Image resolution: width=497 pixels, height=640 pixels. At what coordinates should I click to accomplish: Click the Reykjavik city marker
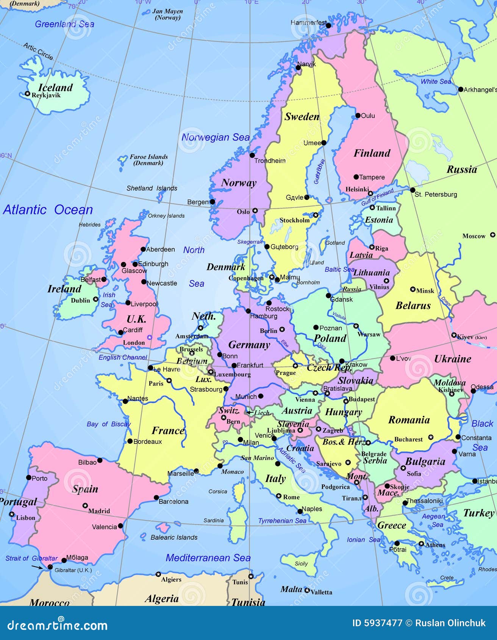click(27, 94)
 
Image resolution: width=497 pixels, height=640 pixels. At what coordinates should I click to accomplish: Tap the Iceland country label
click(55, 87)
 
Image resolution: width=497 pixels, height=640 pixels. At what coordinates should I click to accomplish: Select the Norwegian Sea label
click(216, 137)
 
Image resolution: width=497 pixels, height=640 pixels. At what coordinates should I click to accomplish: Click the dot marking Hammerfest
click(328, 25)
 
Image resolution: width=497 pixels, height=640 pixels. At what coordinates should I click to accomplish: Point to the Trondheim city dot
click(252, 155)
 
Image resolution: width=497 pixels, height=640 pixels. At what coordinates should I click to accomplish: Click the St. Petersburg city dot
click(413, 190)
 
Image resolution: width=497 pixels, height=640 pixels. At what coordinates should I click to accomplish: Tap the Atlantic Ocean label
click(48, 210)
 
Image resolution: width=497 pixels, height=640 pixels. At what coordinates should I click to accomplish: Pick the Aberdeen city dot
click(143, 249)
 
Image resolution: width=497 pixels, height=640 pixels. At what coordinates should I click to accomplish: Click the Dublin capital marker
click(96, 299)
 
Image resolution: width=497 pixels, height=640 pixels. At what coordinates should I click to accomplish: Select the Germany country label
click(249, 345)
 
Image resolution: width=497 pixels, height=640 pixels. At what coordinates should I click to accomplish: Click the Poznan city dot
click(316, 327)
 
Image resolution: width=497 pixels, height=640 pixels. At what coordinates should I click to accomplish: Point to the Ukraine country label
click(453, 359)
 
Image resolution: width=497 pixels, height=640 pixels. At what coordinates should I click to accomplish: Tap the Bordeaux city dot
click(130, 441)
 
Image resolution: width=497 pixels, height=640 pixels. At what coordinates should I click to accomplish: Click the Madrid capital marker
click(85, 505)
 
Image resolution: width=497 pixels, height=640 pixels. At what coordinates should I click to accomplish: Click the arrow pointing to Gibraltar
click(37, 567)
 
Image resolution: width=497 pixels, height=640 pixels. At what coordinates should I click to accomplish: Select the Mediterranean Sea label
click(208, 558)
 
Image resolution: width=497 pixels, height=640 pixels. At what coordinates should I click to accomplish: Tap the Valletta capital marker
click(307, 590)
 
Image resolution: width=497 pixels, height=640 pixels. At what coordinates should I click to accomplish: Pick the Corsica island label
click(218, 492)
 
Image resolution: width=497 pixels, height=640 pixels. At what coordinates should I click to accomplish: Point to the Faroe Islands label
click(148, 160)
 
